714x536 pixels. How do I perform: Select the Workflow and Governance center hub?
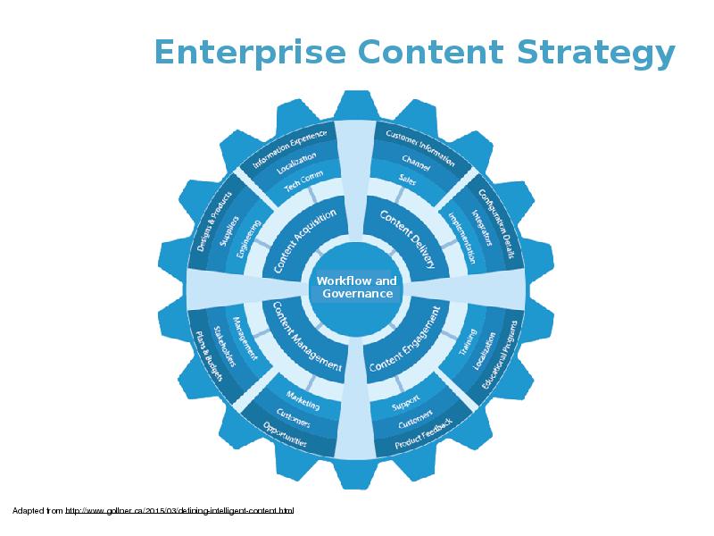tap(357, 288)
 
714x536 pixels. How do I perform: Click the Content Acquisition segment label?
tap(304, 240)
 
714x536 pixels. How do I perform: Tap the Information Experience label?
tap(290, 148)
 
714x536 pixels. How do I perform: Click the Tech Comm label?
tap(303, 182)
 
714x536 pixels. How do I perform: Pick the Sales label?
tap(408, 180)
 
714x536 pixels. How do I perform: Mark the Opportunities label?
tap(286, 437)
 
